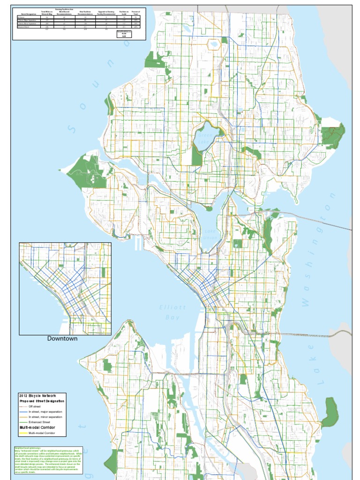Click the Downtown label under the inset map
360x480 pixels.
pyautogui.click(x=62, y=338)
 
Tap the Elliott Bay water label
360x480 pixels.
pyautogui.click(x=172, y=313)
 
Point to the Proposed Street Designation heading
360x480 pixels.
pyautogui.click(x=42, y=401)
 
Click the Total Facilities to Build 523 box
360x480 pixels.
pyautogui.click(x=124, y=35)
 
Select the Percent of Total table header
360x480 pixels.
pyautogui.click(x=136, y=13)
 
